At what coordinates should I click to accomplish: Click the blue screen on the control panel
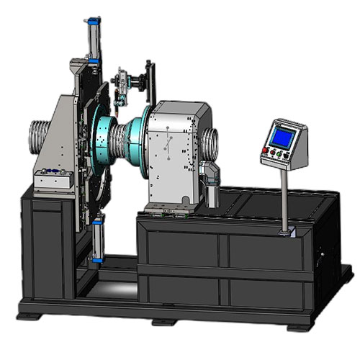tap(282, 135)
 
